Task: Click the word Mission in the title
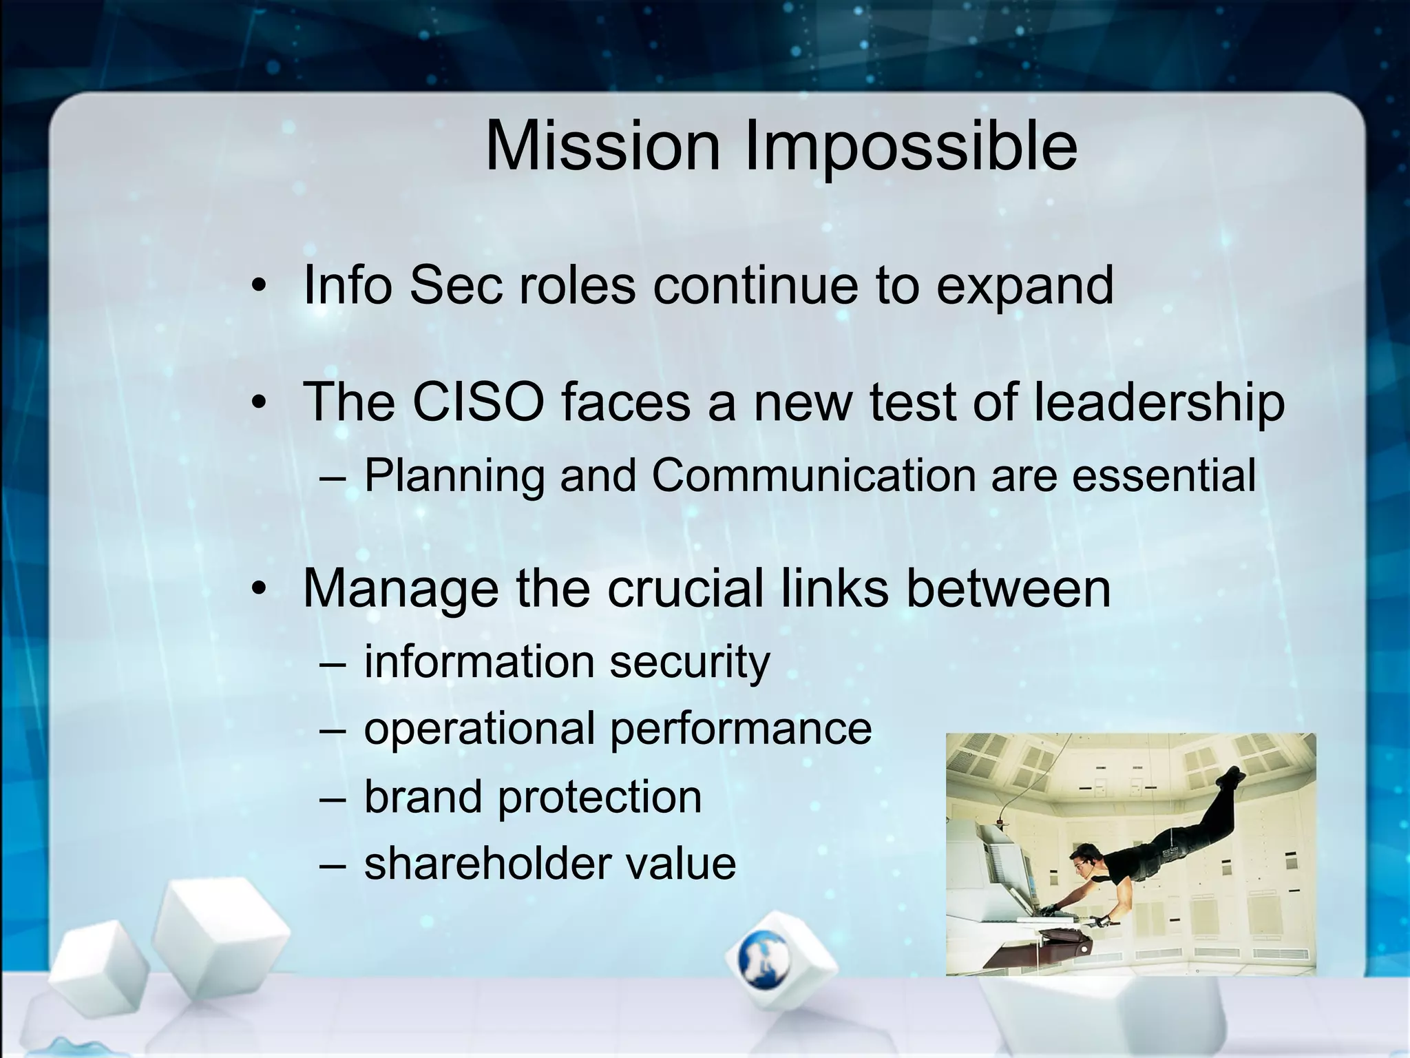[602, 147]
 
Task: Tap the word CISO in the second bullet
[478, 402]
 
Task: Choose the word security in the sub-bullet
[689, 663]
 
